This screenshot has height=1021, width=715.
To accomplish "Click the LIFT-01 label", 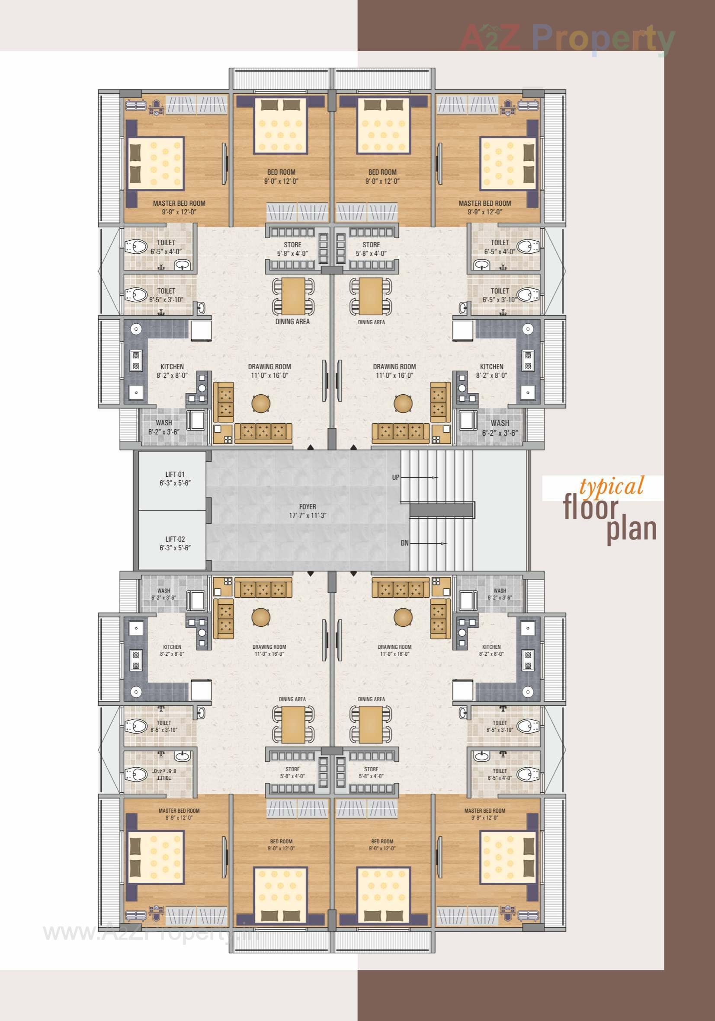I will (175, 474).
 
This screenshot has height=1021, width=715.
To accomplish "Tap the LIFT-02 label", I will (175, 539).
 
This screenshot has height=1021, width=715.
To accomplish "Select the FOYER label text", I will (308, 507).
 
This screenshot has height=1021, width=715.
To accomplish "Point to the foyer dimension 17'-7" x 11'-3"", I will (308, 515).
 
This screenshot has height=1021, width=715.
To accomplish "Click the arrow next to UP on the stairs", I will (427, 477).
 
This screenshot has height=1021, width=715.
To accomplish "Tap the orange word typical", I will (611, 487).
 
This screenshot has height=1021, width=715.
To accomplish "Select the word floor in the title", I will (591, 508).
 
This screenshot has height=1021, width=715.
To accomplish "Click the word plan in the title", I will (632, 529).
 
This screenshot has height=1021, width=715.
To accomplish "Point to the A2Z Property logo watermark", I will (567, 38).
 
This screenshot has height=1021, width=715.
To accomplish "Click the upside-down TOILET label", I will (164, 774).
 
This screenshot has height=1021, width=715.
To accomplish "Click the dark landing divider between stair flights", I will (442, 510).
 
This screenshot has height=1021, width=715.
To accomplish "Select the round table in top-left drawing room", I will (261, 403).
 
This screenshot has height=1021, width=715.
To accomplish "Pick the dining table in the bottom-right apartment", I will (371, 724).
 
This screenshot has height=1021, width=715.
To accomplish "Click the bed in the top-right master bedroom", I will (507, 164).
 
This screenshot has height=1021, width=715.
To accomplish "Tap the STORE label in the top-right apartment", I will (371, 245).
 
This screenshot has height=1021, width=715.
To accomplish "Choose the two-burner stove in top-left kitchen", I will (136, 360).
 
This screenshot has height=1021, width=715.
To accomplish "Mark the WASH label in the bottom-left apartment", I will (164, 590).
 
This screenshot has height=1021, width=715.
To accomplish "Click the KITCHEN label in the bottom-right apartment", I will (491, 647).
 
